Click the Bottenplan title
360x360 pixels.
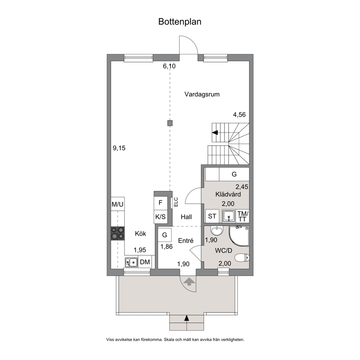tap(180, 22)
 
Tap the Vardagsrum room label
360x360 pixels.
tap(202, 94)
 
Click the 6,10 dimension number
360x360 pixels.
tap(169, 66)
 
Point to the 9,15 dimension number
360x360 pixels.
tap(119, 148)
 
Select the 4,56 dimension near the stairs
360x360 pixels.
tap(240, 115)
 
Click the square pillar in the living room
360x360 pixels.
tap(170, 123)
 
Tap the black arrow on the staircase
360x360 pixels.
tap(215, 132)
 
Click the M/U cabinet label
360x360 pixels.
tap(118, 204)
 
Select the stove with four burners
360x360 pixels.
tap(118, 233)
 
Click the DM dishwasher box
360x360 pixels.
tap(145, 262)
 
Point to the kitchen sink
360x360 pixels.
tap(131, 262)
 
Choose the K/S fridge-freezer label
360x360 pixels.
tap(160, 217)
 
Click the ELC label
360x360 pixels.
tap(176, 202)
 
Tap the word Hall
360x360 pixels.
tap(186, 217)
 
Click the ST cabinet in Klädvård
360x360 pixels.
tap(212, 216)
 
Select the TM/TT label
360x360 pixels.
tap(243, 216)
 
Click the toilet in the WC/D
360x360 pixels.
tap(243, 257)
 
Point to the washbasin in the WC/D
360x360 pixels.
tap(217, 231)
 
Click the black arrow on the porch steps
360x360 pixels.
tap(187, 318)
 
